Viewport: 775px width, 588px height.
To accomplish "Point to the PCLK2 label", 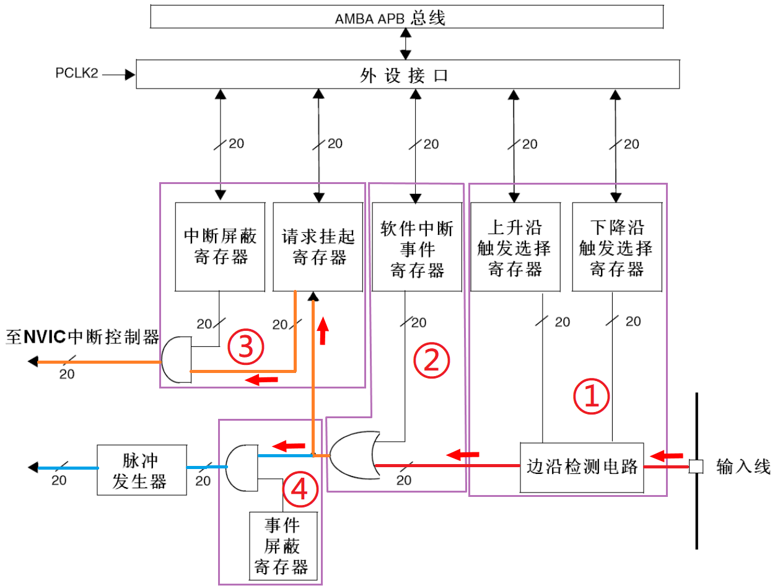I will [77, 75].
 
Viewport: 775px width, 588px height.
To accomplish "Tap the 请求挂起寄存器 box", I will [318, 247].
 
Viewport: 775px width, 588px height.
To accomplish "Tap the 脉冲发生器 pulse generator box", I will [142, 469].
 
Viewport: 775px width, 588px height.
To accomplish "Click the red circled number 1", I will [590, 397].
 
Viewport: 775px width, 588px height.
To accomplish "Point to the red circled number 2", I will [431, 361].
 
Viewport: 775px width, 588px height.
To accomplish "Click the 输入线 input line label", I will [743, 467].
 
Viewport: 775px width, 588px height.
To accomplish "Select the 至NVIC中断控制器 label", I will [82, 338].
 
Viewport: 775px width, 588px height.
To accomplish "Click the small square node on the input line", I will [696, 467].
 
